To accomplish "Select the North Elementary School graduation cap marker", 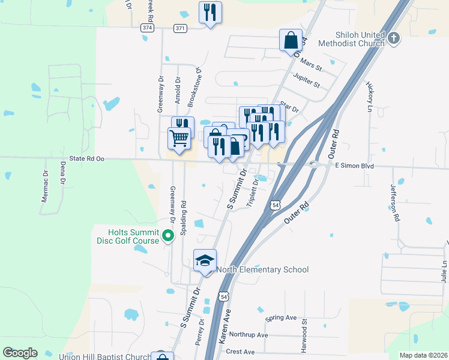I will tap(205, 261).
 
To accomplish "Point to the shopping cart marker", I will tap(179, 139).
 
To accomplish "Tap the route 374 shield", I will tap(148, 28).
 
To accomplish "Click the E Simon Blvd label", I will tap(354, 165).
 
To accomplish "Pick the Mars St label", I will tap(311, 62).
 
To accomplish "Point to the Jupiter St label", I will tap(307, 77).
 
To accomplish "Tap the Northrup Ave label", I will tap(249, 335).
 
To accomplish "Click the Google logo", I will tap(20, 352).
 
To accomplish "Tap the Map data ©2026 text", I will tap(423, 355).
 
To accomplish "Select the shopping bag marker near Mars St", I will tap(291, 40).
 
